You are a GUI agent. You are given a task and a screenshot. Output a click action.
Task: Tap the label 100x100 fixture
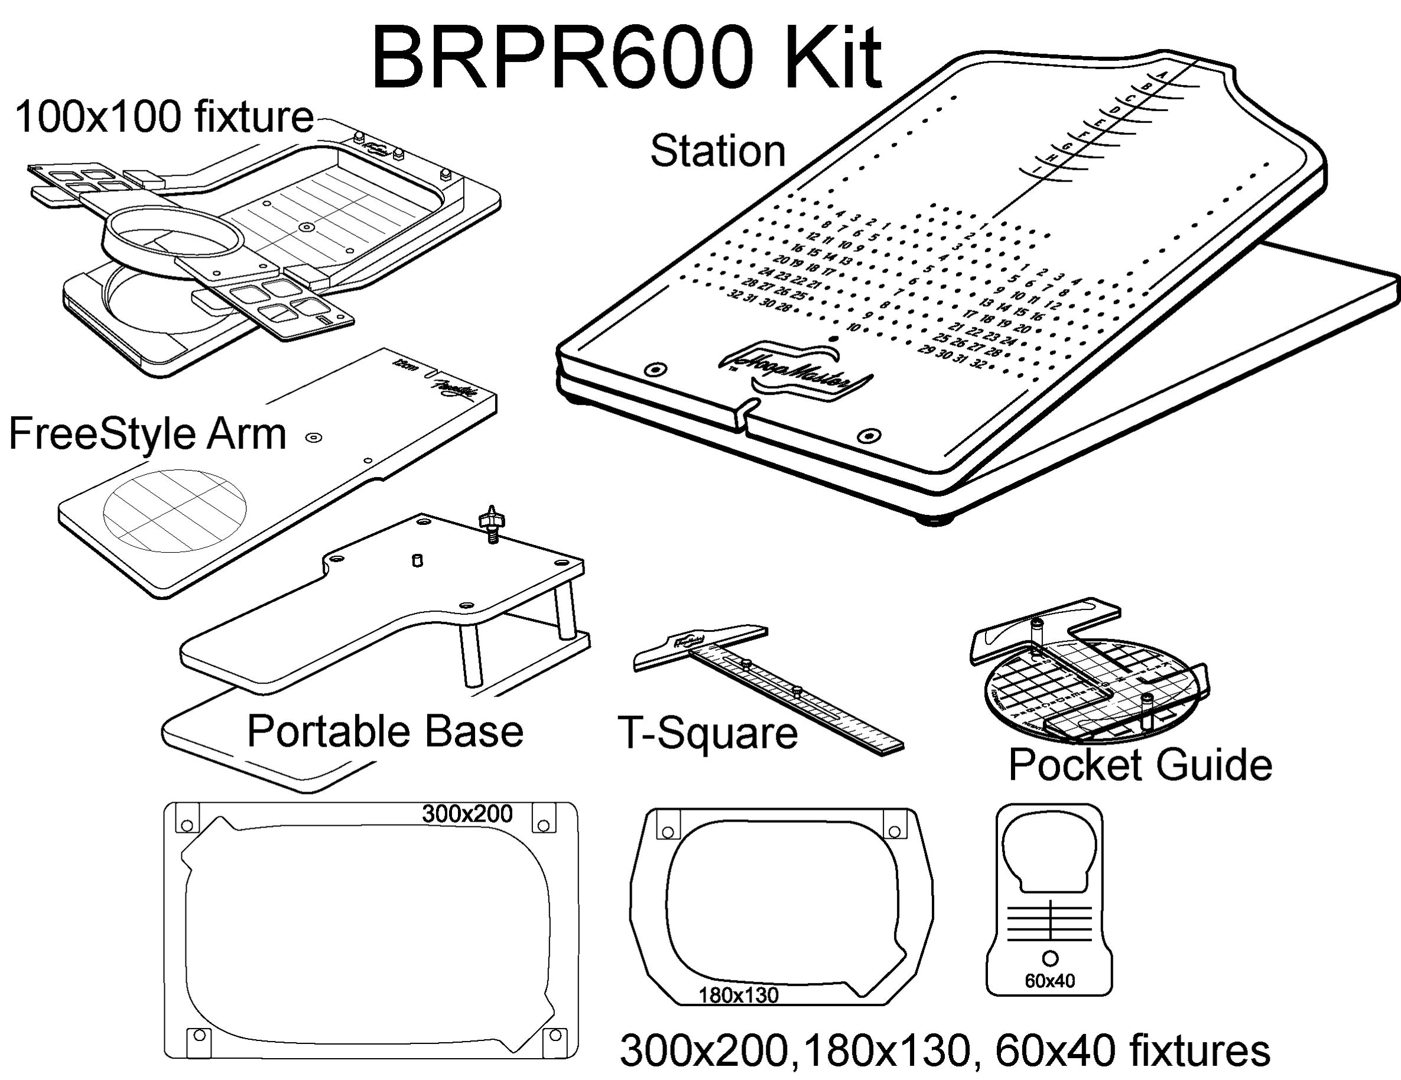click(164, 118)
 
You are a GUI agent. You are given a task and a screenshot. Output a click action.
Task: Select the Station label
click(717, 151)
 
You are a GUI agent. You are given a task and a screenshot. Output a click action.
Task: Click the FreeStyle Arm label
click(148, 434)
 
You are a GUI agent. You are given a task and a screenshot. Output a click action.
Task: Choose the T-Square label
click(707, 733)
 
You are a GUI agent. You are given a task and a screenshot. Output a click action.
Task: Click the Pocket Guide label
click(1140, 764)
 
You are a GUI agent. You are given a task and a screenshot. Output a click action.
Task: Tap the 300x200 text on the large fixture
click(467, 813)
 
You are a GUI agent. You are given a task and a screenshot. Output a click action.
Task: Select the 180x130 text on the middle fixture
click(737, 995)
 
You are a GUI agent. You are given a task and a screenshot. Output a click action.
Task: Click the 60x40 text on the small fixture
click(1049, 981)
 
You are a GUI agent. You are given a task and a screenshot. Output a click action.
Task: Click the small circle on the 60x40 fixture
click(1050, 958)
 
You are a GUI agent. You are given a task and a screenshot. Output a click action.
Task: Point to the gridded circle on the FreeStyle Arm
click(174, 510)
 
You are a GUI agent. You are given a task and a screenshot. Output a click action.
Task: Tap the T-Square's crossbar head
click(699, 648)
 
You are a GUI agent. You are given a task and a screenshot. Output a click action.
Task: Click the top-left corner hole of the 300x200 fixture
click(188, 825)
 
